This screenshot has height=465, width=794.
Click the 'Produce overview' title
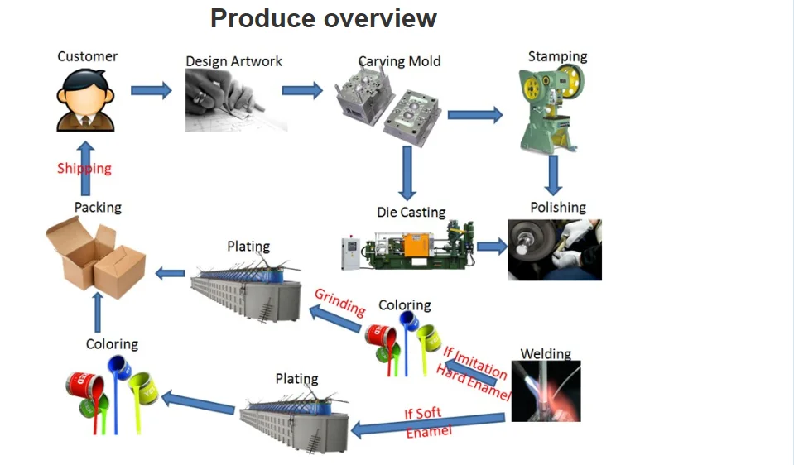tap(323, 18)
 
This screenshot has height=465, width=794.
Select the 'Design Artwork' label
tap(233, 61)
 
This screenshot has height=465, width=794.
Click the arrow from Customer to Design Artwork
tap(152, 90)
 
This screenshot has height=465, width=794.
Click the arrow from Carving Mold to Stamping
tap(475, 115)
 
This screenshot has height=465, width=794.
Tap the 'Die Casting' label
tap(411, 213)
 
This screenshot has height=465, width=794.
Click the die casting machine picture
tap(407, 246)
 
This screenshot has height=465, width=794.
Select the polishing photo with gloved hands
tap(554, 249)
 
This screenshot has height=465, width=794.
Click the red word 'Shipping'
tap(84, 168)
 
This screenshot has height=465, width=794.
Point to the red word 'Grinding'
tap(339, 302)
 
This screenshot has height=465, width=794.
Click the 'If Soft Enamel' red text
tap(426, 422)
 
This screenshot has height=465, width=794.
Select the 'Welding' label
tap(546, 354)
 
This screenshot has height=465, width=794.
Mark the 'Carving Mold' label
tap(399, 61)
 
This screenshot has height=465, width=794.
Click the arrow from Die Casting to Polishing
tap(492, 246)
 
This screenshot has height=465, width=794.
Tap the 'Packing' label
tap(98, 207)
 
